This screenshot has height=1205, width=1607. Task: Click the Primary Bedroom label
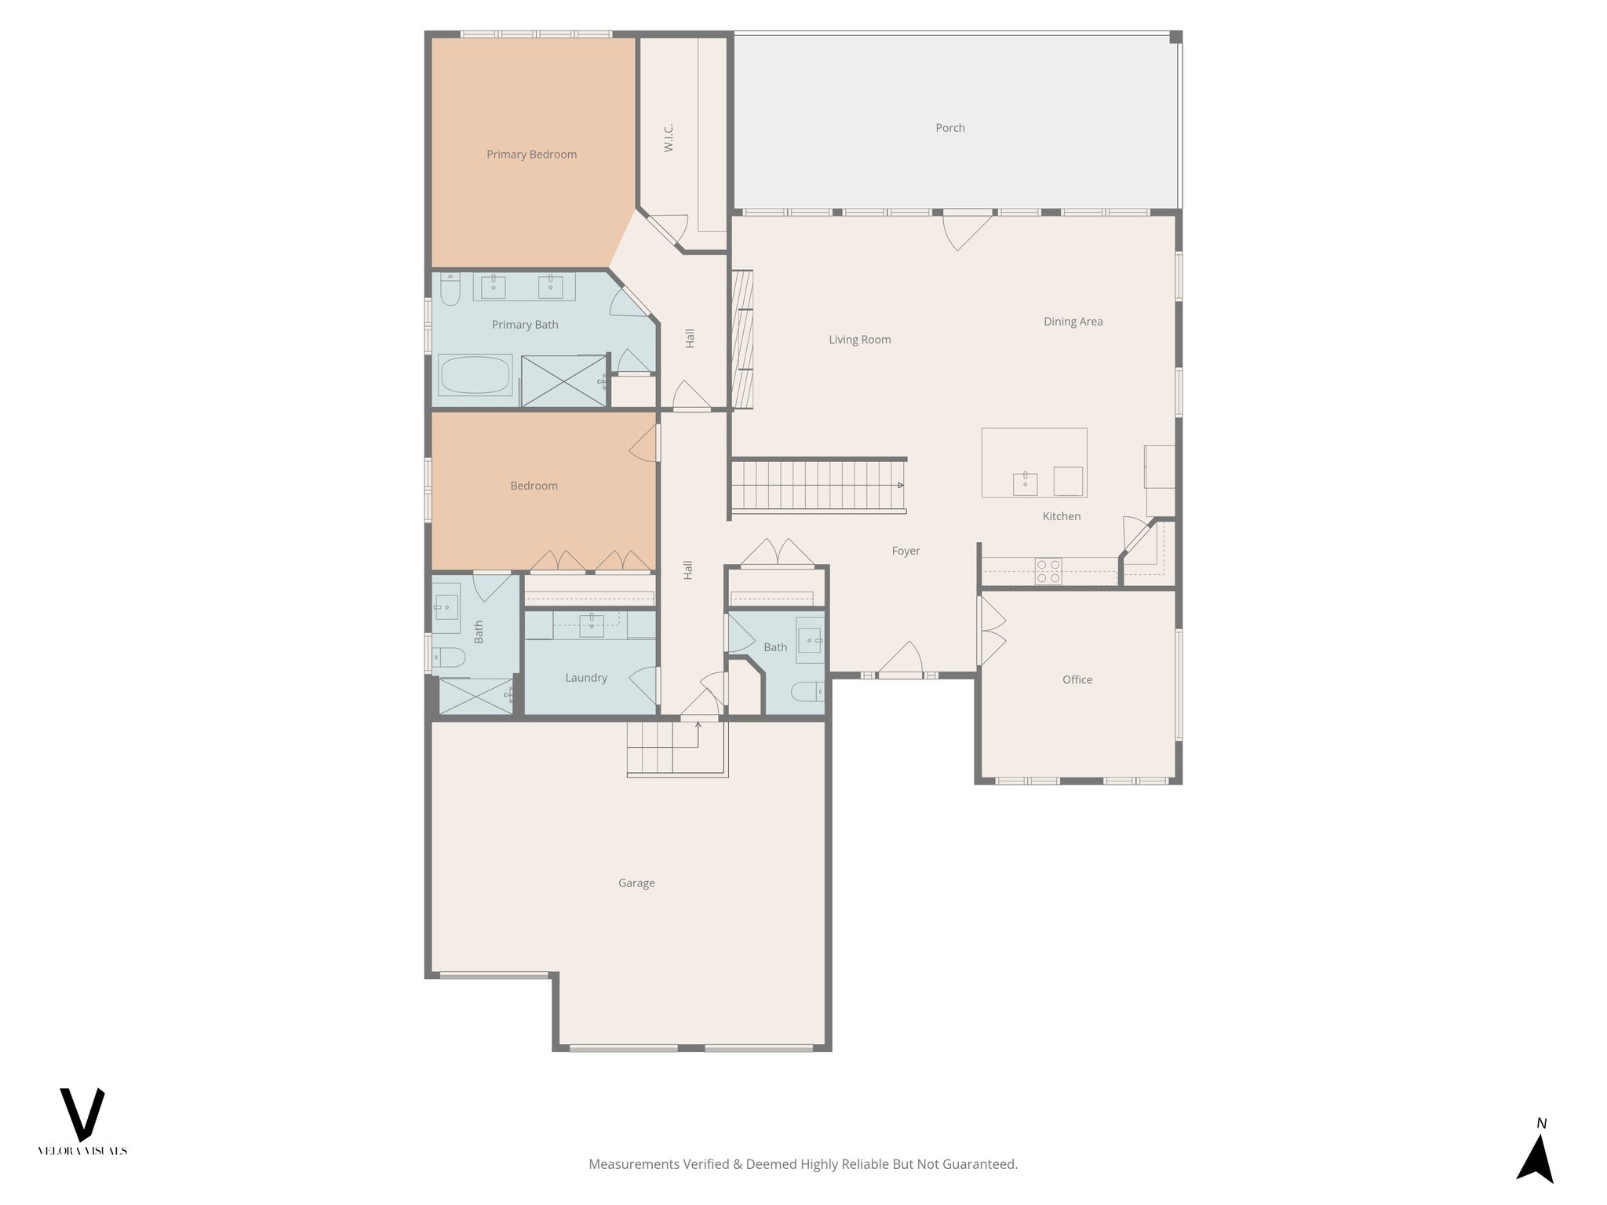pos(531,155)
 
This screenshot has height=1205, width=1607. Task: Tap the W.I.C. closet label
pos(669,137)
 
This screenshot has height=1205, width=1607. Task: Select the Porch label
pos(949,128)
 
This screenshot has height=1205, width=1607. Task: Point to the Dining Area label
pos(1073,322)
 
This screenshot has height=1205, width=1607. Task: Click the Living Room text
pos(859,340)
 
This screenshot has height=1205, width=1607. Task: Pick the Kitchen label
pos(1061,516)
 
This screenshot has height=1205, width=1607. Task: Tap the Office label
pos(1077,680)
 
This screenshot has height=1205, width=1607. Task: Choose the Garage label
pos(636,883)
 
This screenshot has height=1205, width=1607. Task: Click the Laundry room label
pos(586,678)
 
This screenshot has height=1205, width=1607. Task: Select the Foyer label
pos(906,552)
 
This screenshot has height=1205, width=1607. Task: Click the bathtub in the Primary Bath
pos(475,375)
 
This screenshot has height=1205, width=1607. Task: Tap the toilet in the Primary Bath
pos(450,291)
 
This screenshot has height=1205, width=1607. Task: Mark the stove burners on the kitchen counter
pos(1048,571)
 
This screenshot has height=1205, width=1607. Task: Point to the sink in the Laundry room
pos(591,624)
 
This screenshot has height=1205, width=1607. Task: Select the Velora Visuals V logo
pos(82,1114)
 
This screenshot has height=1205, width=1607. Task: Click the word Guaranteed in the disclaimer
pos(984,1164)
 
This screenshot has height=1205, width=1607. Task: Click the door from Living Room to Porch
pos(967,228)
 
